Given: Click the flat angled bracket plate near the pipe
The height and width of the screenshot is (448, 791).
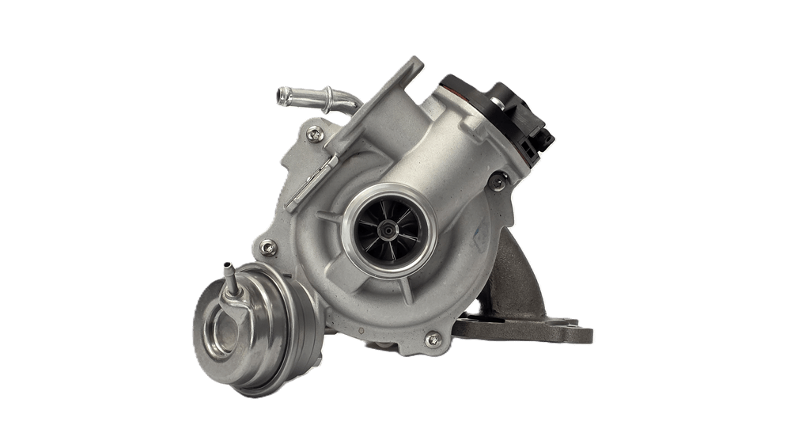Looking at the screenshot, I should click(380, 119).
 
